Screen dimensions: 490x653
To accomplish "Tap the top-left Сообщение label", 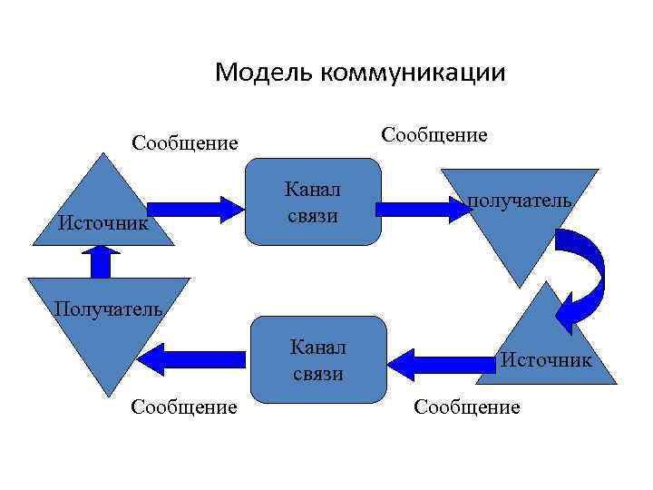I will (184, 142).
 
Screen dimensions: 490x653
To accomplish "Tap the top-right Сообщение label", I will (434, 134).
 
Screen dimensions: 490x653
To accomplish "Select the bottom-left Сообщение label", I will (184, 407).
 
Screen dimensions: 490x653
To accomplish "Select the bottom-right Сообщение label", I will (467, 407).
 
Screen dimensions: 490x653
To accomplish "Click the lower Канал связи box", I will (317, 359).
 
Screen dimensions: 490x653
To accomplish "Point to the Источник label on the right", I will (546, 360).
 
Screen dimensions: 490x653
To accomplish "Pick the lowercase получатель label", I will (520, 200).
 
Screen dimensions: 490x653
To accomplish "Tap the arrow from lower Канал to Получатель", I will (198, 358).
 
